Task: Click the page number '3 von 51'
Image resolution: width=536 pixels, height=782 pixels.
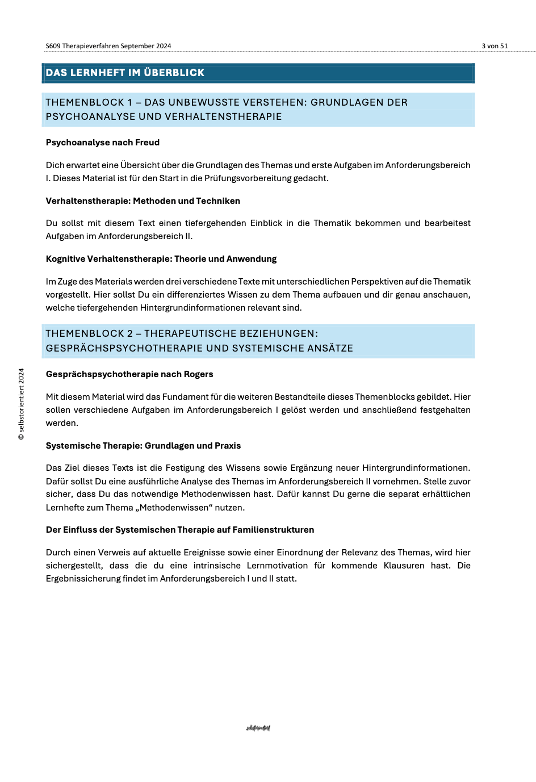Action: tap(495, 46)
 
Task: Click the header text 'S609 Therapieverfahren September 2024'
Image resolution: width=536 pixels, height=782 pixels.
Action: tap(108, 46)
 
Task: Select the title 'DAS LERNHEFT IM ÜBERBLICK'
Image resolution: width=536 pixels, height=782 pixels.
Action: tap(125, 73)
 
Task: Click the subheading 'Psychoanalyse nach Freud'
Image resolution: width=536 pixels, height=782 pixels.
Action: tap(103, 143)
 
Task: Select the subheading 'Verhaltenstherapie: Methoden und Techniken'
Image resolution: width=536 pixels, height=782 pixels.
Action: tap(143, 201)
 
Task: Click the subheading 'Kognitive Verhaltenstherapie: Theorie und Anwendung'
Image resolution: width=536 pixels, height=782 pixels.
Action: tap(161, 259)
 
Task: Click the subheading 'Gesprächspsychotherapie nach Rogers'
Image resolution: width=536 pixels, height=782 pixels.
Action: tap(129, 374)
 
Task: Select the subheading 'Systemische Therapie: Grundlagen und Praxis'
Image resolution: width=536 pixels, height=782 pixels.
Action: tap(143, 446)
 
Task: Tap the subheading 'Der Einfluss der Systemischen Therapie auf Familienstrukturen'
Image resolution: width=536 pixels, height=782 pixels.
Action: tap(180, 530)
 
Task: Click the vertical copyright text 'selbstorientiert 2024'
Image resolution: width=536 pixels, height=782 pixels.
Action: tap(22, 404)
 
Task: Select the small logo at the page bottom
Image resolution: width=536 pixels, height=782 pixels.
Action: tap(258, 728)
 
